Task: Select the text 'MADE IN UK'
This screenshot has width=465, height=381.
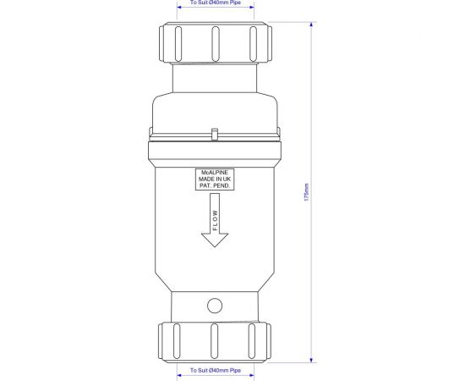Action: point(216,179)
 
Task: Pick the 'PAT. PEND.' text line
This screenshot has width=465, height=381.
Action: point(216,186)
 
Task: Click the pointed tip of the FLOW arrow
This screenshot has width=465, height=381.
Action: point(216,246)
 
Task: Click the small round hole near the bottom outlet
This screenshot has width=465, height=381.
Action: point(216,304)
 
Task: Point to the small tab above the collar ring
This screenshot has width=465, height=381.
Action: point(216,134)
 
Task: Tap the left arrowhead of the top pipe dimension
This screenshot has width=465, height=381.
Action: point(180,10)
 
